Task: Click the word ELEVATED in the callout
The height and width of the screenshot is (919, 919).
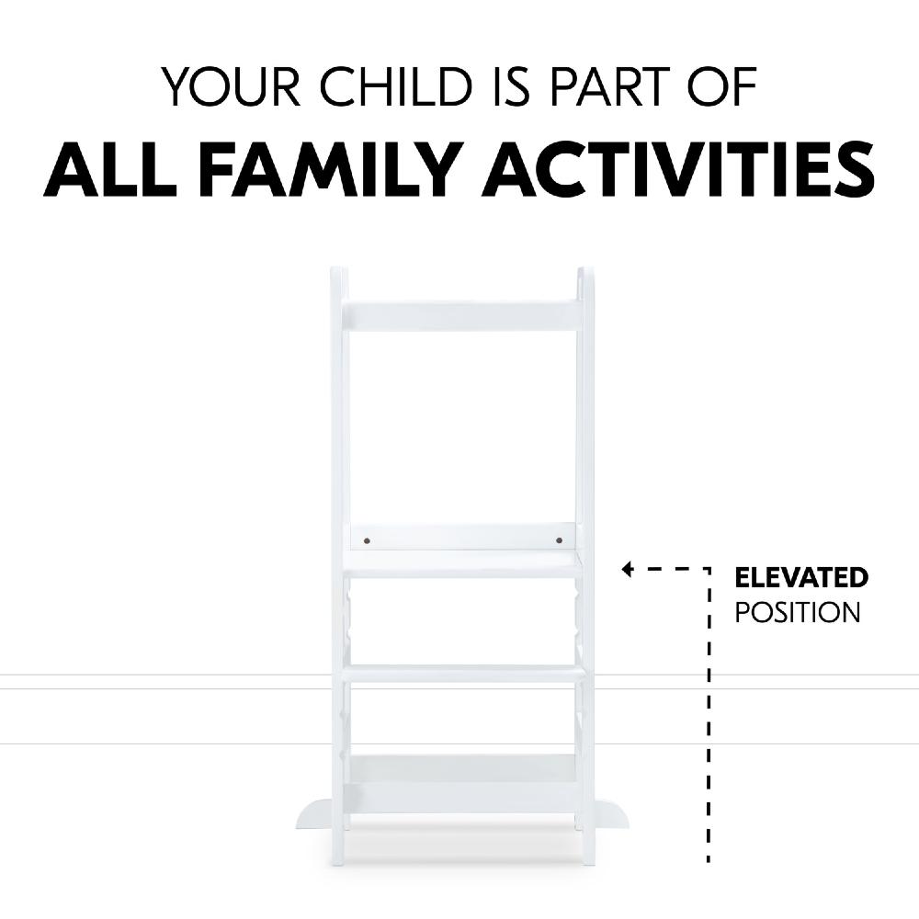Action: (800, 578)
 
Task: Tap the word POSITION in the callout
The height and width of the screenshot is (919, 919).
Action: (798, 613)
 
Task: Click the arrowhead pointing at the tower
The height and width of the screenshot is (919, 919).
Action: (628, 570)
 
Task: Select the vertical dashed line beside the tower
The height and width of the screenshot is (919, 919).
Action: (709, 717)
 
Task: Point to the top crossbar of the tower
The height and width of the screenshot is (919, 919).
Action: (461, 315)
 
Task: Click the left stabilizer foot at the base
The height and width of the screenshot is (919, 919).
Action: (314, 814)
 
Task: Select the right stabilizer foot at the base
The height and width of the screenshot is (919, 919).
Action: (610, 814)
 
